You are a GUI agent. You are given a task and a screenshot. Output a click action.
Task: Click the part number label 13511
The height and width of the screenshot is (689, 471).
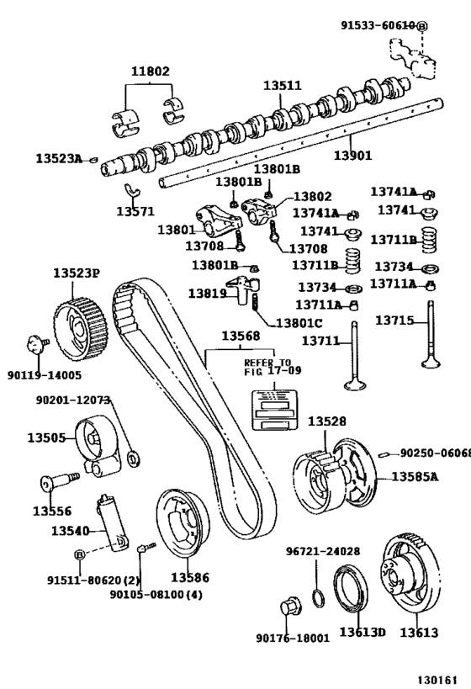281,86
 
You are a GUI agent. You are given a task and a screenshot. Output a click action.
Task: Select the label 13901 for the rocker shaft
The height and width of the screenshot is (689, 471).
352,156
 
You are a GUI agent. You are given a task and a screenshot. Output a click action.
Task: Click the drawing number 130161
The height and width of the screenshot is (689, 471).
442,677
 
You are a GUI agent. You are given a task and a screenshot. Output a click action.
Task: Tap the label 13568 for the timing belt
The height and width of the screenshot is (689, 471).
241,337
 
